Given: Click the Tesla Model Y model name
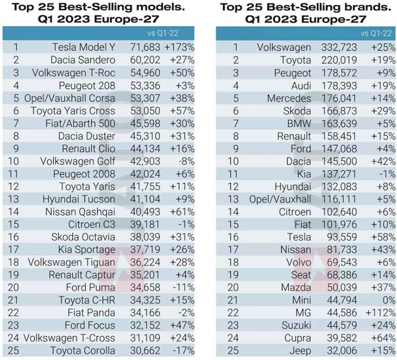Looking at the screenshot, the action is click(x=84, y=48).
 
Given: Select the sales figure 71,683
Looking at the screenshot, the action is click(x=145, y=48).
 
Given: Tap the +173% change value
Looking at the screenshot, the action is click(x=179, y=48).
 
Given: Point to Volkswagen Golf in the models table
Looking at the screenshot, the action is click(x=77, y=161).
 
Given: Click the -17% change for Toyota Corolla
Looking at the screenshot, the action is click(x=184, y=350).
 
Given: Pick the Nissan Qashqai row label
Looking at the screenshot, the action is click(x=80, y=212).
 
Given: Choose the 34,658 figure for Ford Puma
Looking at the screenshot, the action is click(x=145, y=288).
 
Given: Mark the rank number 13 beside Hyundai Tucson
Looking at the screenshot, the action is click(x=14, y=199).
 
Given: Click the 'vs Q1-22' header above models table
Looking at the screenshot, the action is click(x=163, y=33).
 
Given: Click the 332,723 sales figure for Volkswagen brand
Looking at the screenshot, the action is click(x=339, y=48).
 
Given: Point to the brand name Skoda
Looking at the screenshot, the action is click(x=297, y=111).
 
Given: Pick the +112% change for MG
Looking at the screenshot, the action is click(x=381, y=312).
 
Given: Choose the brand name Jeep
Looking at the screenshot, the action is click(x=300, y=351).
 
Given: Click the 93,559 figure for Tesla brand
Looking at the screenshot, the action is click(x=342, y=237).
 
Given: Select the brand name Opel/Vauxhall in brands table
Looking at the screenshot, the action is click(x=280, y=199).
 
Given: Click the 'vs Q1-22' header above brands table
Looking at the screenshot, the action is click(x=376, y=33).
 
